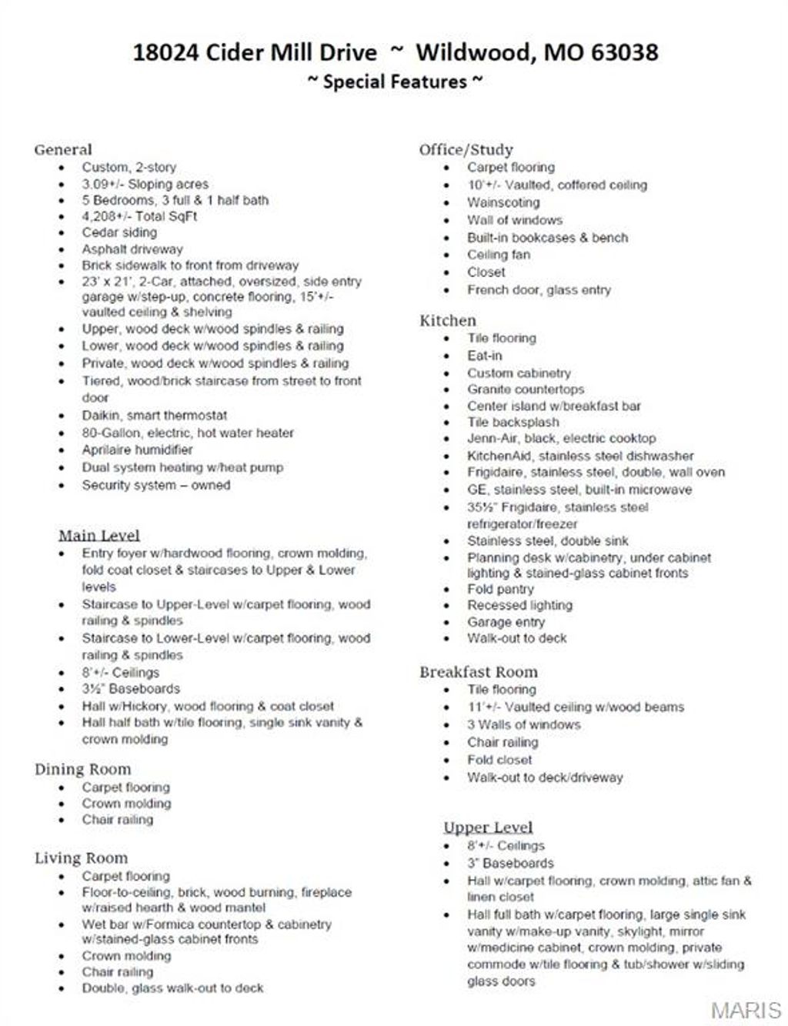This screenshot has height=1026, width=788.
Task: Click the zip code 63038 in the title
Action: pos(624,52)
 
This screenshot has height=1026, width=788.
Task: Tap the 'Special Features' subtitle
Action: pos(395,82)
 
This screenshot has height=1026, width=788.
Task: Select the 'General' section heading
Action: pos(63,149)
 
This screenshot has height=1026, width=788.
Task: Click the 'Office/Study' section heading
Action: pos(466,149)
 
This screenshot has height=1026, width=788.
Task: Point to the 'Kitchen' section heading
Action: pos(448,320)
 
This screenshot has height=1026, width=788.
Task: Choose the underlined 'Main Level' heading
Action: pos(99,535)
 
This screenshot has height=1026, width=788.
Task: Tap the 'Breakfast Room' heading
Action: pos(478,672)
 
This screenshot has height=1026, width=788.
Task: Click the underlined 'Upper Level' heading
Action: pos(488,827)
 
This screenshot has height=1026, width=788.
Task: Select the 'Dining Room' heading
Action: pos(82,769)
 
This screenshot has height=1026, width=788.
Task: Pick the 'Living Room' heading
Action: pos(81,858)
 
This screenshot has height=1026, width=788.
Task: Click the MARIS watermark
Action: pos(746,1010)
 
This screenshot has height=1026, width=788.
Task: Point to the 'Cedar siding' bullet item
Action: pos(119,232)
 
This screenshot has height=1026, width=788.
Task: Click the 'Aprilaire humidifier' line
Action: pos(137,450)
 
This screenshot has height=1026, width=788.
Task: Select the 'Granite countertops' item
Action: pos(526,389)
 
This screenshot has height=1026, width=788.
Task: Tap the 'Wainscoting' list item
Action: pos(503,202)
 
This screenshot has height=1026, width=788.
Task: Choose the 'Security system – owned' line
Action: pos(156,485)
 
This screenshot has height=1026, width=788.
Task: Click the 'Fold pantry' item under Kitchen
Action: pos(500,589)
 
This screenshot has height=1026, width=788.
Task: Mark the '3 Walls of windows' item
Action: pos(524,724)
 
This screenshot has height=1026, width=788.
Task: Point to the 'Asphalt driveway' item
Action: pos(132,249)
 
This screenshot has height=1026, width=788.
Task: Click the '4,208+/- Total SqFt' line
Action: pos(139,216)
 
